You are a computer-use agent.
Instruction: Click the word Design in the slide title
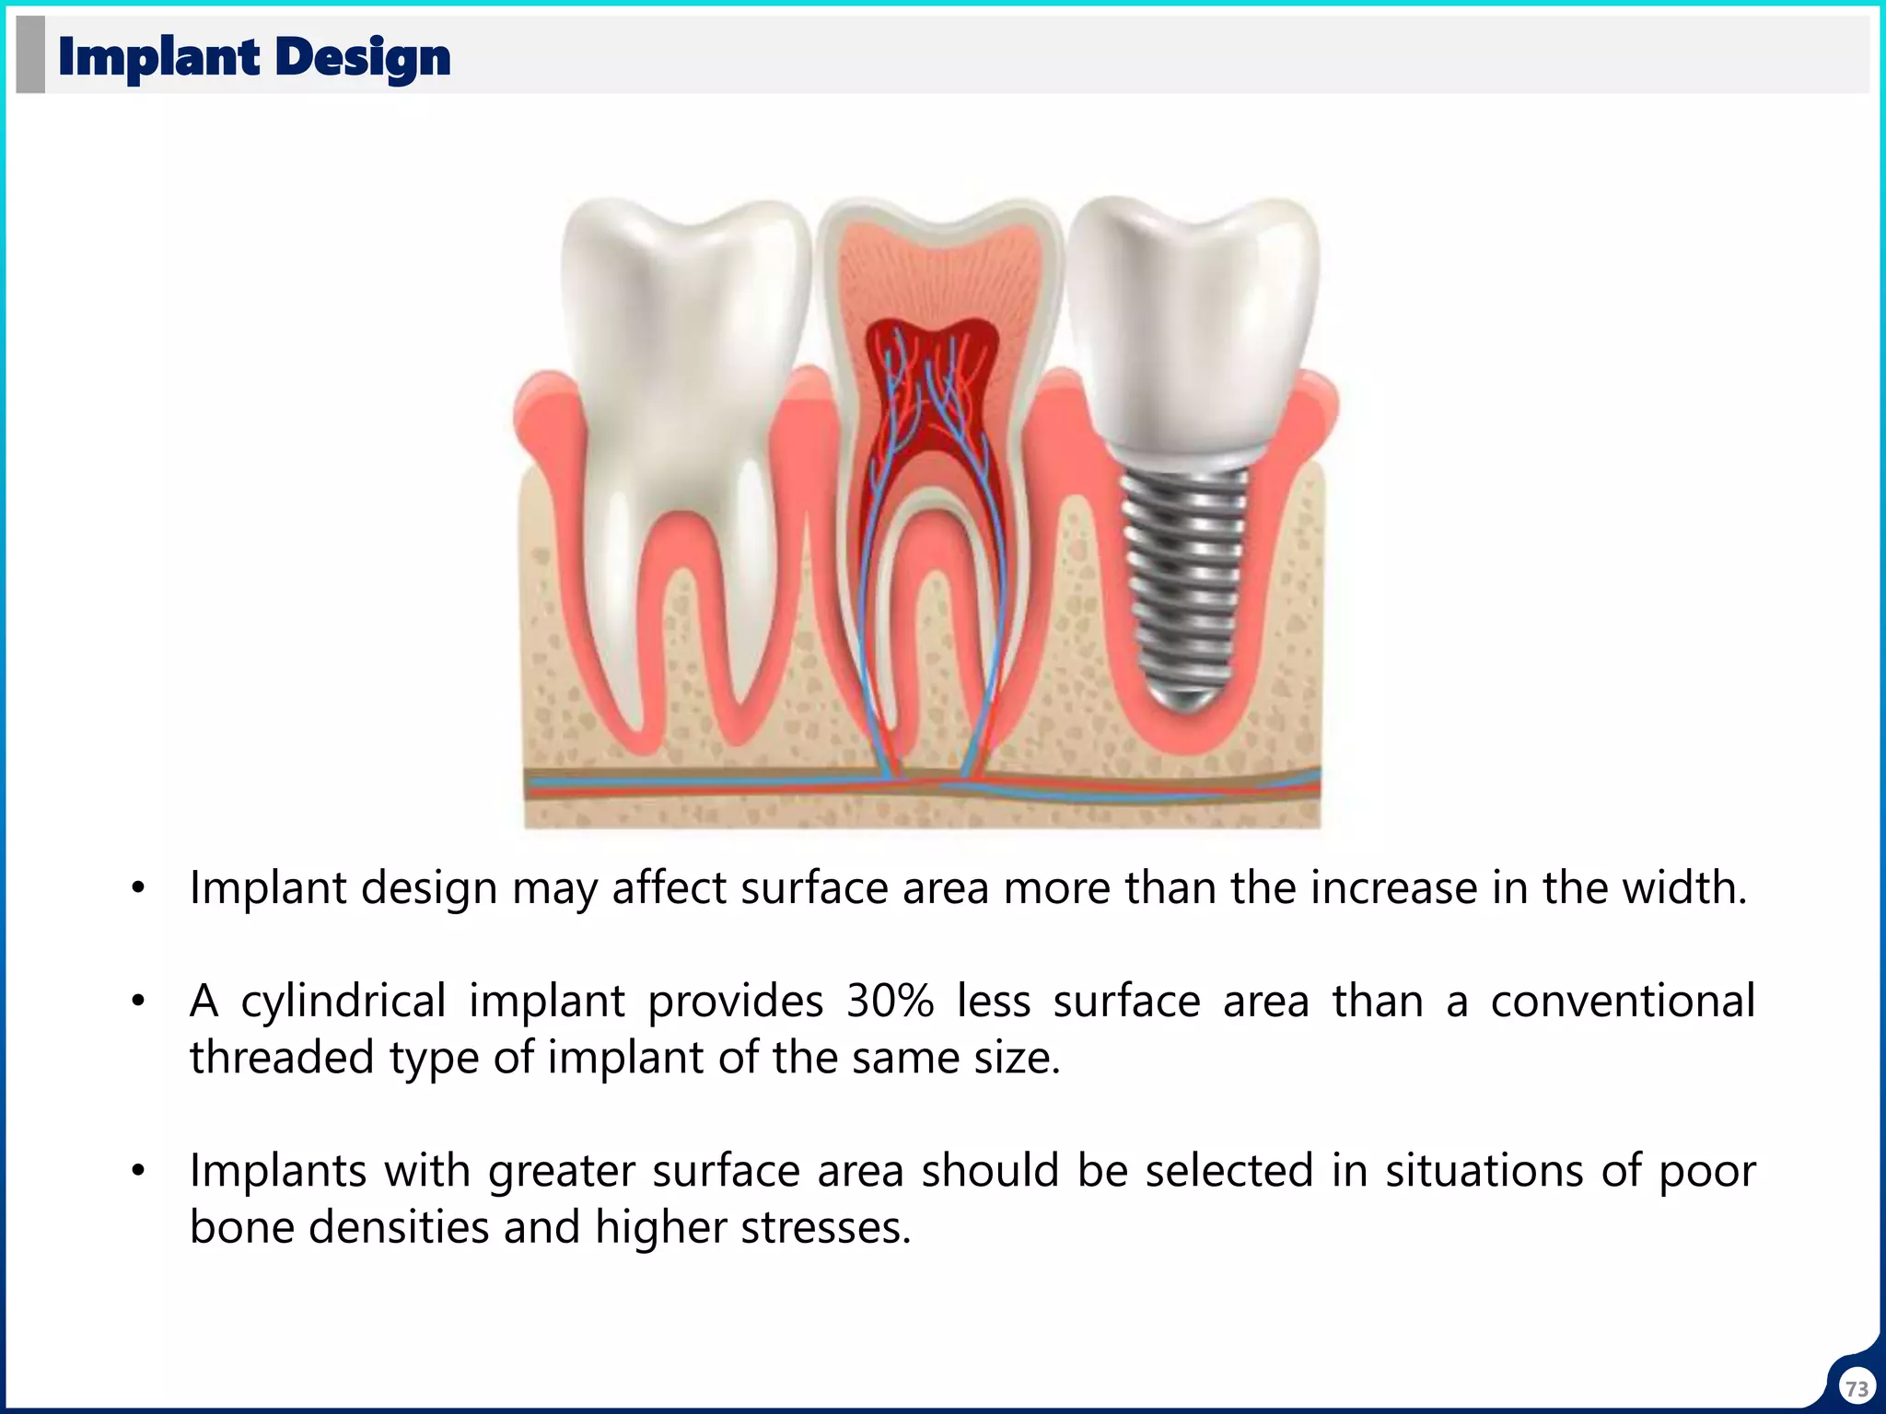362,57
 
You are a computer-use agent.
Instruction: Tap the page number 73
1857,1387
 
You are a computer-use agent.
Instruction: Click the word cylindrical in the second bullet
343,1002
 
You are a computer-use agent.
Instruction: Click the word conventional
1623,1002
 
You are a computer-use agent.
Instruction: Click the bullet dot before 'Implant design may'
138,889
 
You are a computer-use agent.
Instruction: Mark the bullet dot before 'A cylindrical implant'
138,1003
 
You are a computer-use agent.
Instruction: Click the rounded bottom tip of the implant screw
1186,700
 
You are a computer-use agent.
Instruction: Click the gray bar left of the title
30,54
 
